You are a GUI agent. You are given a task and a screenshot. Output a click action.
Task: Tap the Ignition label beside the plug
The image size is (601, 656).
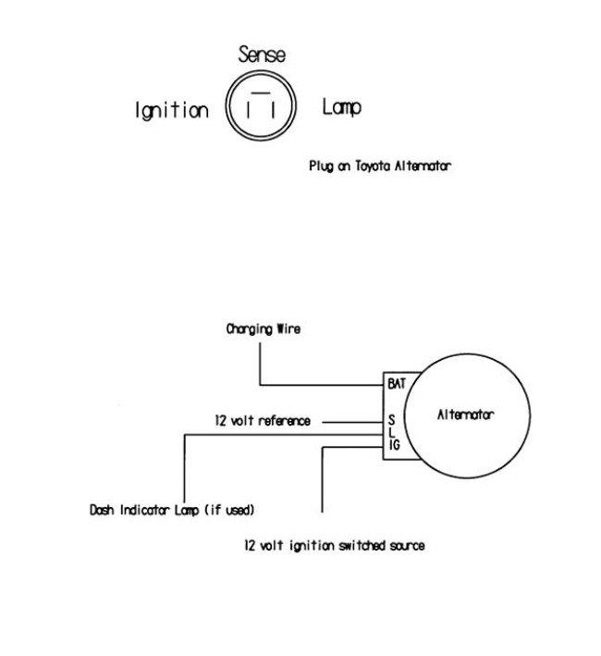click(x=173, y=110)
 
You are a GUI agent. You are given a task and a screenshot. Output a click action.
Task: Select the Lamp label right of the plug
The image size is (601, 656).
click(x=341, y=108)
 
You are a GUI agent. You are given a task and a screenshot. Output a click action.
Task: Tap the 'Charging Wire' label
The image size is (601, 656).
click(x=263, y=328)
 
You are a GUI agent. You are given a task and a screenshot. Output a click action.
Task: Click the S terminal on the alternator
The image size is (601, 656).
click(x=392, y=418)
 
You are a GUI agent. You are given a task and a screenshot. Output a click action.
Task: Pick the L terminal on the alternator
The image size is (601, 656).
click(x=392, y=432)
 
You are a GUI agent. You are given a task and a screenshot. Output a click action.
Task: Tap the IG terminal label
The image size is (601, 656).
click(x=395, y=446)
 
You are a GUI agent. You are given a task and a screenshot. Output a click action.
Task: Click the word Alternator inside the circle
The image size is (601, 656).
click(x=465, y=415)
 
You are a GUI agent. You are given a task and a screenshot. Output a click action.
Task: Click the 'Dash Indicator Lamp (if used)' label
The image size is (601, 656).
click(x=172, y=510)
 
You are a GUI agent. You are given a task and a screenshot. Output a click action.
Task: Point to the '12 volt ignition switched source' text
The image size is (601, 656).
click(x=334, y=546)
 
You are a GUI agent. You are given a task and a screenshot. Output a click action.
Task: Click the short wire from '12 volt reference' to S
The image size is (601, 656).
click(x=352, y=422)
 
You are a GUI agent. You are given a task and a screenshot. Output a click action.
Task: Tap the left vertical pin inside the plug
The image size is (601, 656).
click(x=250, y=112)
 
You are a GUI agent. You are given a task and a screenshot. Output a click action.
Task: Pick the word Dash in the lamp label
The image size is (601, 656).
click(x=101, y=510)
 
